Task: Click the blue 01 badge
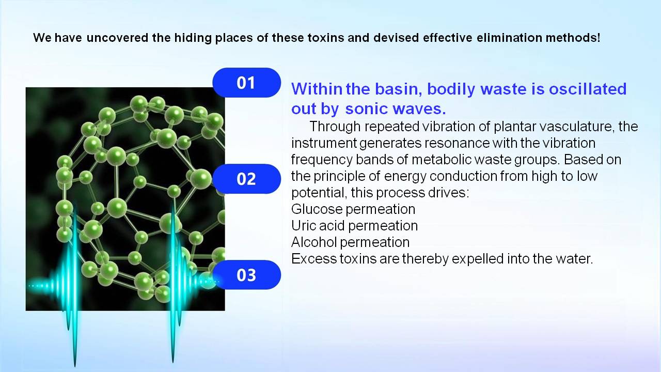click(x=246, y=83)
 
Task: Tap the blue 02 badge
click(x=246, y=179)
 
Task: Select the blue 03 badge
click(x=246, y=275)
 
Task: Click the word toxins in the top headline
click(x=326, y=38)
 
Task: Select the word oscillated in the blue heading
click(x=588, y=89)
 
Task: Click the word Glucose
click(x=317, y=209)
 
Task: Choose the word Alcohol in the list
click(x=314, y=242)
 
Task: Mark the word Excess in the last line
click(x=314, y=259)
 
